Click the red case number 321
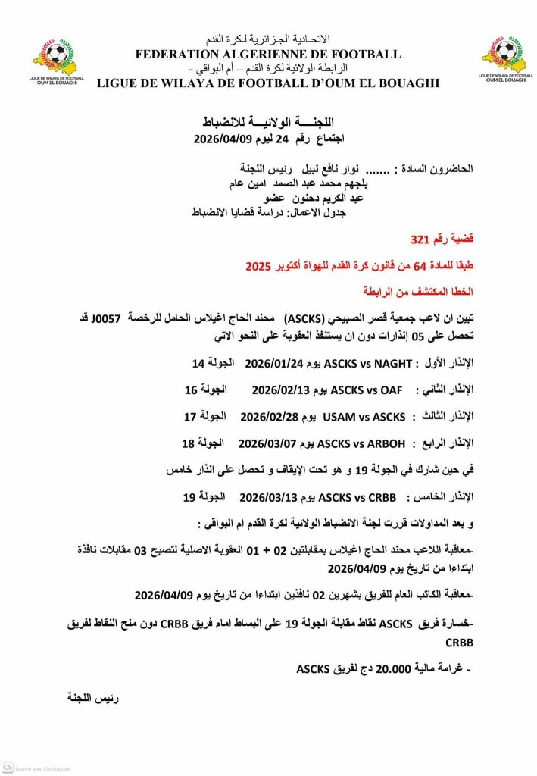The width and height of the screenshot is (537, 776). (420, 239)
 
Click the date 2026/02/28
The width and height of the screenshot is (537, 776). (266, 416)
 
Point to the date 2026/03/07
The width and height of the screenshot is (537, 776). (264, 443)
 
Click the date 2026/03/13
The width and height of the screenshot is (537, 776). (265, 497)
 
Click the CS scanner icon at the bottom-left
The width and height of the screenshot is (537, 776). (8, 769)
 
